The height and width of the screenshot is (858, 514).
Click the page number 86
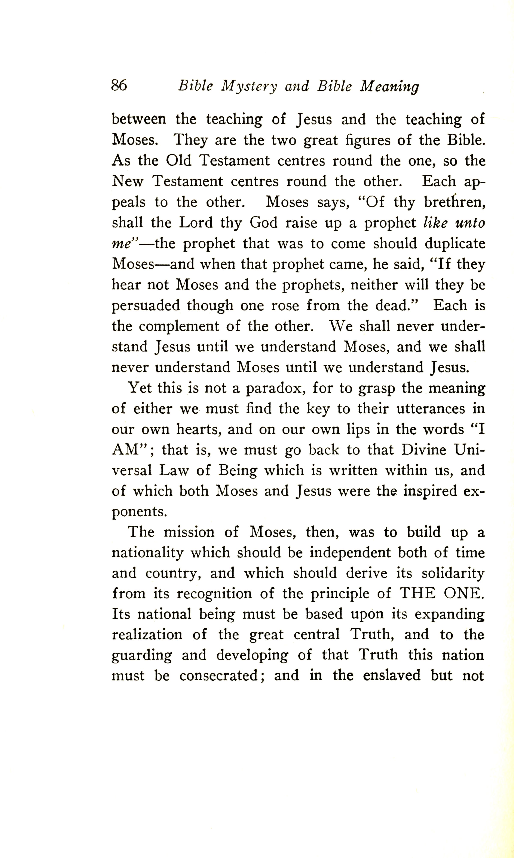(x=119, y=85)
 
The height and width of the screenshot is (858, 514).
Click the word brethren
(x=454, y=202)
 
